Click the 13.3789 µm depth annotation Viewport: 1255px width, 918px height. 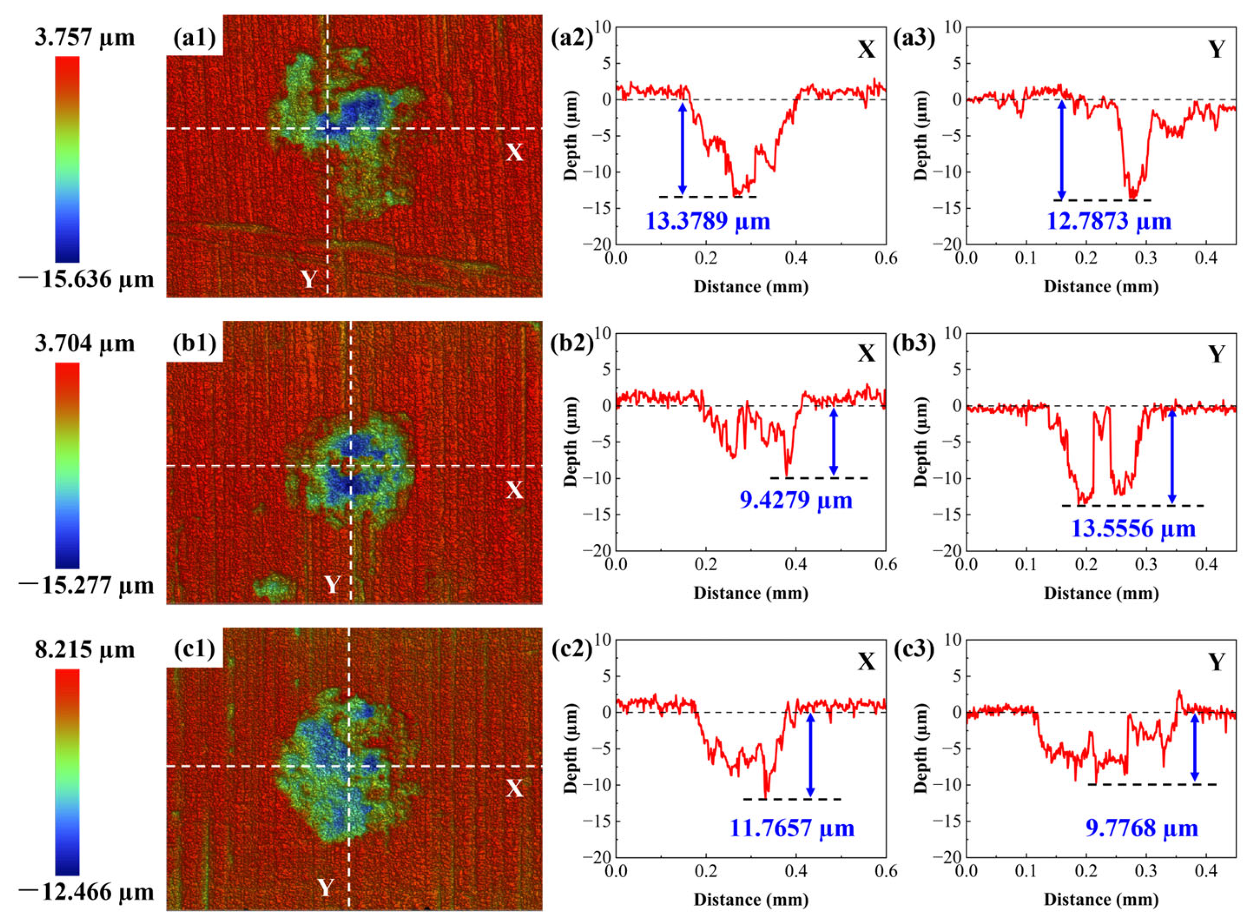(x=707, y=221)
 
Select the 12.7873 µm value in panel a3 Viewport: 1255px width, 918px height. (x=1109, y=221)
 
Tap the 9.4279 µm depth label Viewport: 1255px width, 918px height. (x=796, y=500)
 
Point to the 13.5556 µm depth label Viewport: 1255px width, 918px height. (x=1133, y=528)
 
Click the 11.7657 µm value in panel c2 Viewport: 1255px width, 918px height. (x=791, y=828)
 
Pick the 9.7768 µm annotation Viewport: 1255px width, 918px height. (x=1141, y=828)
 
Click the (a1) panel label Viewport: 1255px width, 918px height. (x=194, y=39)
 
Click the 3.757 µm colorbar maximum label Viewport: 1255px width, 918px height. (x=84, y=38)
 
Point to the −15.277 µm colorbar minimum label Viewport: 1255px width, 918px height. (x=86, y=585)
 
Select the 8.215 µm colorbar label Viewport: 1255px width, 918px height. (x=84, y=649)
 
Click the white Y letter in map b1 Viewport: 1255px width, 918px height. (x=332, y=585)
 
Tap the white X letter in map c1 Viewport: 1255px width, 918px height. (x=514, y=788)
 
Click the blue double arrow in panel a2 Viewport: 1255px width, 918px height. (x=682, y=148)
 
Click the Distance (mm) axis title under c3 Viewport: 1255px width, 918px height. (x=1101, y=899)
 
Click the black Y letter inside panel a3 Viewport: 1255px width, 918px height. (x=1217, y=50)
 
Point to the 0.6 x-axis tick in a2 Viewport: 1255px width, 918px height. (x=885, y=259)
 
